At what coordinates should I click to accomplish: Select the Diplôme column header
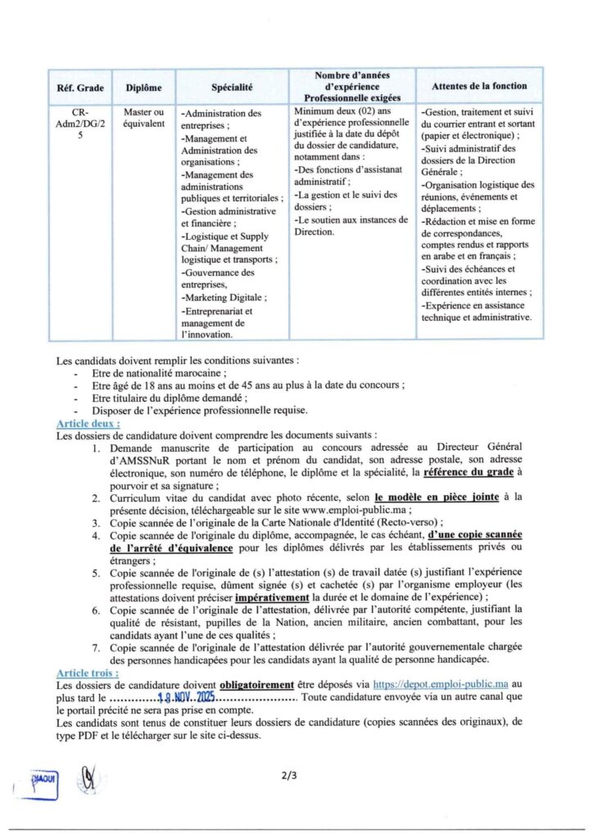143,87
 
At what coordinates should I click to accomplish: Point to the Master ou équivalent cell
143,118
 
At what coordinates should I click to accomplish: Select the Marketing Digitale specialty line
224,297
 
